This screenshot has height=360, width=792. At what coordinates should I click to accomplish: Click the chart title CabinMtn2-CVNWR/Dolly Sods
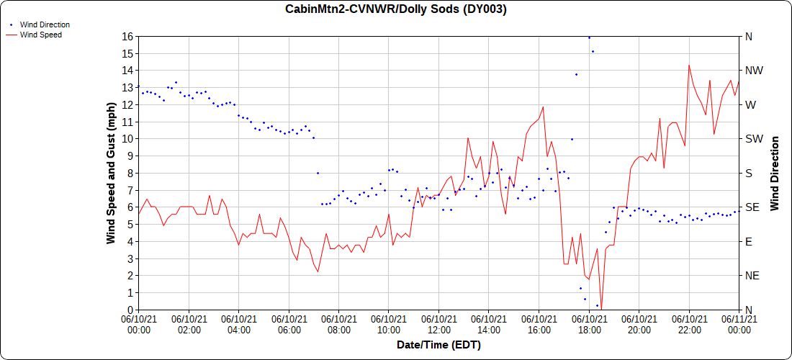click(395, 9)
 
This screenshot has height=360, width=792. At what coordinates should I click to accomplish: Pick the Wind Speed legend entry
click(41, 34)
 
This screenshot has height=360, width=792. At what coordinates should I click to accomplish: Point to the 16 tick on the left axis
click(128, 36)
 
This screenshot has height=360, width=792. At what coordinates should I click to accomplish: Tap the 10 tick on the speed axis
click(128, 139)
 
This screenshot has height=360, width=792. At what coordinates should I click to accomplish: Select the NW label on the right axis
click(755, 71)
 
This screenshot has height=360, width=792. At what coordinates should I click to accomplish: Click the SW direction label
click(755, 139)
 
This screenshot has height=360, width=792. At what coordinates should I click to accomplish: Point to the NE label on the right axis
click(752, 276)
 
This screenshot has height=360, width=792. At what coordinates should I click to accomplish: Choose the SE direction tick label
click(752, 207)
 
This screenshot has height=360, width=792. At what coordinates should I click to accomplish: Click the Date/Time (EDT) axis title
click(438, 345)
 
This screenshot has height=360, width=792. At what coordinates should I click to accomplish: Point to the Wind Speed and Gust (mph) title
click(111, 173)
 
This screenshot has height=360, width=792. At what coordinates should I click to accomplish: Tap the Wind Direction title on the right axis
click(775, 173)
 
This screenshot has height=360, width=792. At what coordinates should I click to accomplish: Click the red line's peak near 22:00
click(689, 66)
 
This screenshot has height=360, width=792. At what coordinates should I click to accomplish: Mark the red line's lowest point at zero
click(601, 309)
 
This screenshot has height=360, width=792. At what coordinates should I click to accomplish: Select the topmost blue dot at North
click(589, 37)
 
